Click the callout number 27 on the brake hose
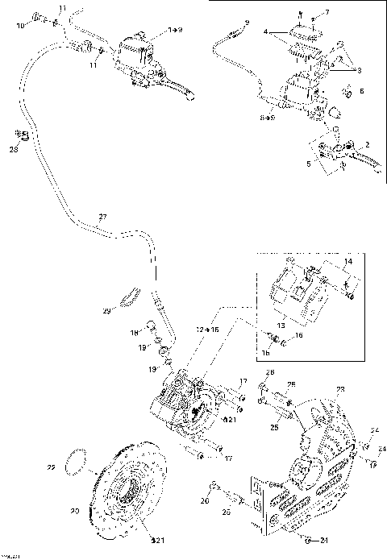pos(102,217)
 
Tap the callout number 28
pos(13,150)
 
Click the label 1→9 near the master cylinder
pos(174,30)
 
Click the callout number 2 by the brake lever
pos(367,144)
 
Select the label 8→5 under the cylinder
pos(268,118)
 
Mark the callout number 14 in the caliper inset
pos(348,263)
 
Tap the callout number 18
pos(135,332)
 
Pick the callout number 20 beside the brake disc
pos(74,510)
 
